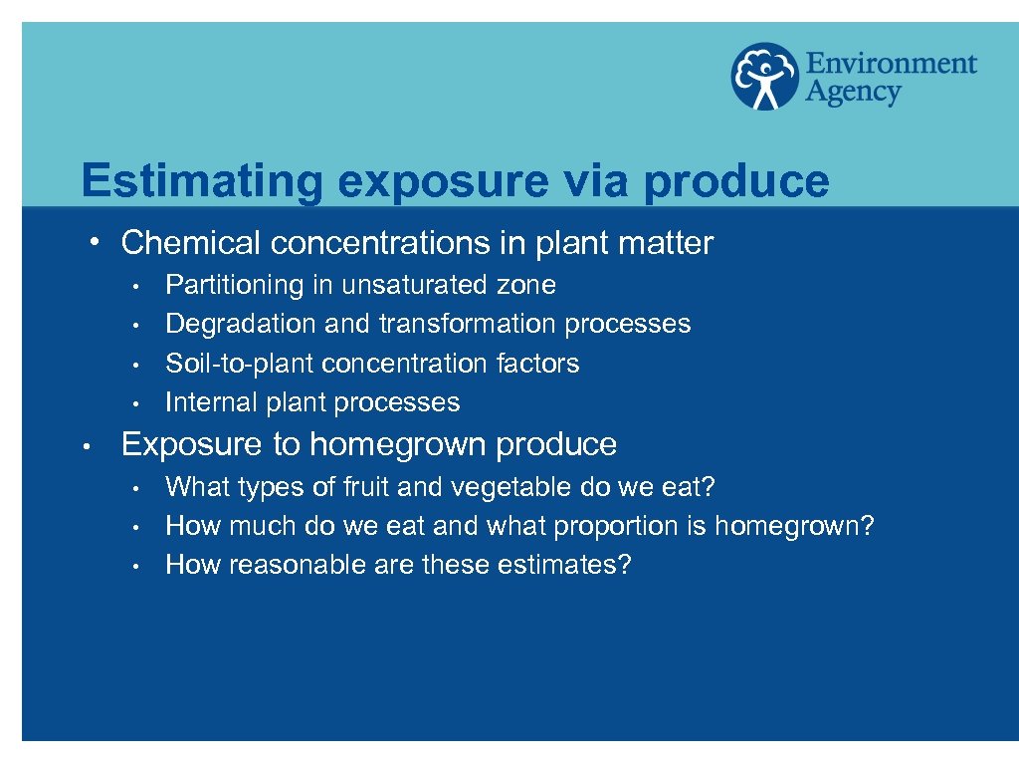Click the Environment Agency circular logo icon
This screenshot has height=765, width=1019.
click(765, 76)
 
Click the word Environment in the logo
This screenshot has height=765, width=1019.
click(891, 64)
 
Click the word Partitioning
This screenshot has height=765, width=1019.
click(235, 286)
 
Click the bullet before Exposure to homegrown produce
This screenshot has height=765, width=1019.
click(89, 447)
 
